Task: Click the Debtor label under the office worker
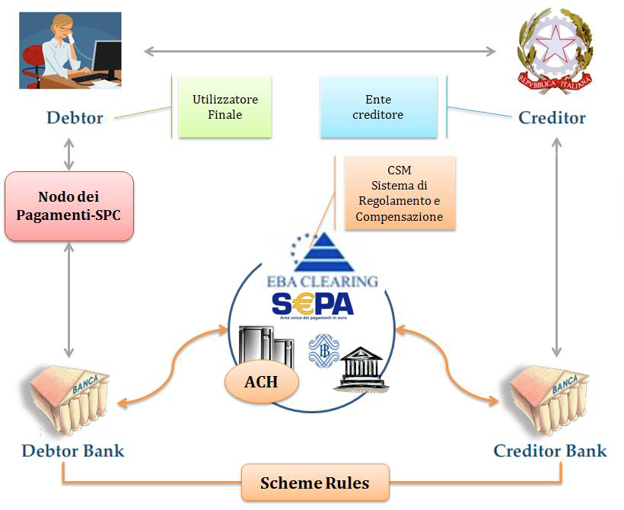[75, 118]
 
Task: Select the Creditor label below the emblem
[552, 118]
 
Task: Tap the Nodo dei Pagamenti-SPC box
[69, 206]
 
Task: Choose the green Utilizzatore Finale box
[224, 107]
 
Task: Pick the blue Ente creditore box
[379, 107]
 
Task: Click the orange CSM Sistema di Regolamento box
[400, 193]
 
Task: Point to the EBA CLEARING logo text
[323, 280]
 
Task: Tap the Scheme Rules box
[315, 483]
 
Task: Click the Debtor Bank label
[73, 451]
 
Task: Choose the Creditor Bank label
[550, 451]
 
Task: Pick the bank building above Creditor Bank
[550, 396]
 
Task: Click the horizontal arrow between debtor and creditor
[320, 52]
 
